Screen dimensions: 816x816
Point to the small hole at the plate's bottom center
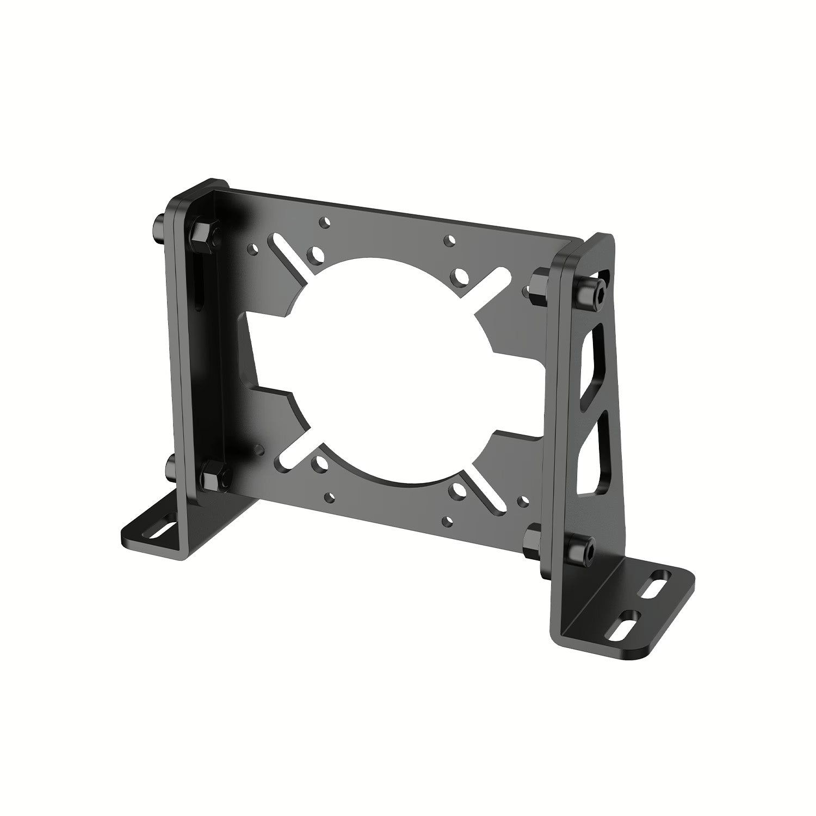pyautogui.click(x=447, y=520)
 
